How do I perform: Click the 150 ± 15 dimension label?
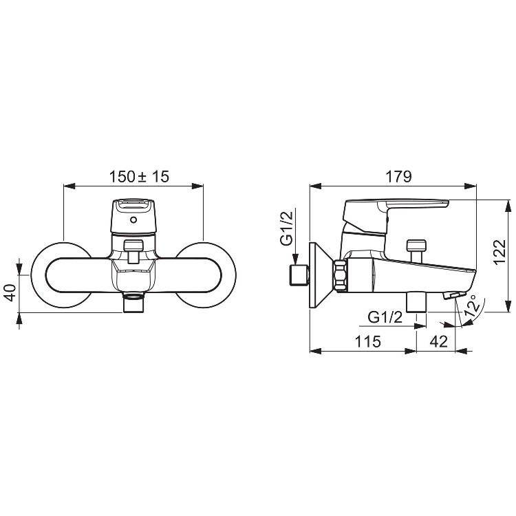(x=139, y=177)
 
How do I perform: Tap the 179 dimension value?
(x=398, y=177)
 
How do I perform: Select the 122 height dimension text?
(x=499, y=252)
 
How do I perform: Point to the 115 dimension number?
(x=367, y=341)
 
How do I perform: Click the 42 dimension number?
(x=439, y=341)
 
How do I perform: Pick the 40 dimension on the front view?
(x=10, y=292)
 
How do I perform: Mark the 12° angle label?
(x=471, y=305)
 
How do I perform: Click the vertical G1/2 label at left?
(x=286, y=228)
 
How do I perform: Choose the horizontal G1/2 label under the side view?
(x=385, y=317)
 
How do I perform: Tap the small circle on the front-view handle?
(x=133, y=219)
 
